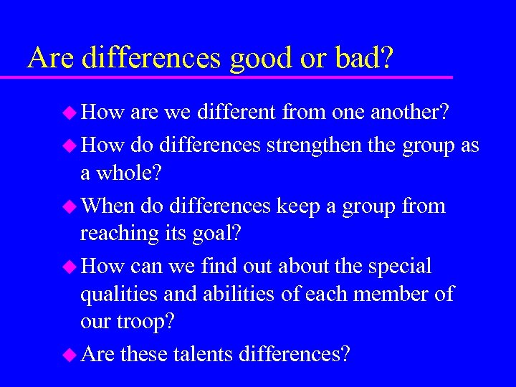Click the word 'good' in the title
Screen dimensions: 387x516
[x=261, y=59]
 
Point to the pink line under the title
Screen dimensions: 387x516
[x=236, y=76]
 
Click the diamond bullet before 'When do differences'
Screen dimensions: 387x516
[x=70, y=207]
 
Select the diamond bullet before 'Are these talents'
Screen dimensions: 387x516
[x=70, y=355]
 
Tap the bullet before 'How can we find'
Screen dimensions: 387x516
[x=70, y=267]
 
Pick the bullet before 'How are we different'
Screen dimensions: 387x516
[x=70, y=113]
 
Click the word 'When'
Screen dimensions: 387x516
[x=108, y=206]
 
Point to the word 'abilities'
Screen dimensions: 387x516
[x=234, y=294]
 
